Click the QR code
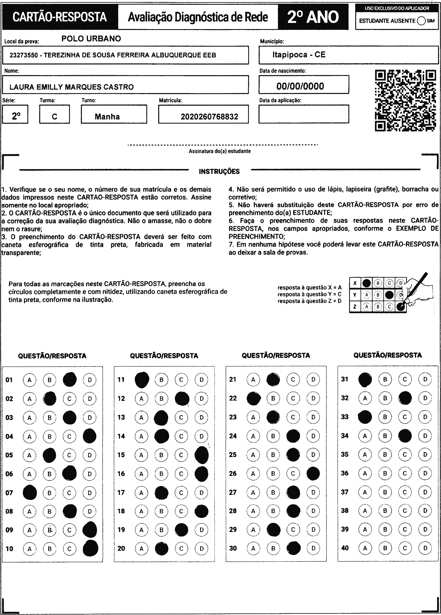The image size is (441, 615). [x=405, y=101]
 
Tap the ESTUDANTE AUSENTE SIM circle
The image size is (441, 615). [x=421, y=21]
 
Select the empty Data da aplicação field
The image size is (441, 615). [x=304, y=114]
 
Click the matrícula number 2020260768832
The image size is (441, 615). [x=209, y=117]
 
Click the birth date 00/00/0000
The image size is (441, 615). [x=300, y=86]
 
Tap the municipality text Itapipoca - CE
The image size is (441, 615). [x=299, y=55]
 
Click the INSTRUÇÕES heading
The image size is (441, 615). [x=219, y=171]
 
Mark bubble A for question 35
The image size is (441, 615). [x=365, y=454]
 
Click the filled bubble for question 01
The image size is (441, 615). [x=70, y=379]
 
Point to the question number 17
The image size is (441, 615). [x=121, y=492]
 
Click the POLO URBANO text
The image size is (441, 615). [x=91, y=39]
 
